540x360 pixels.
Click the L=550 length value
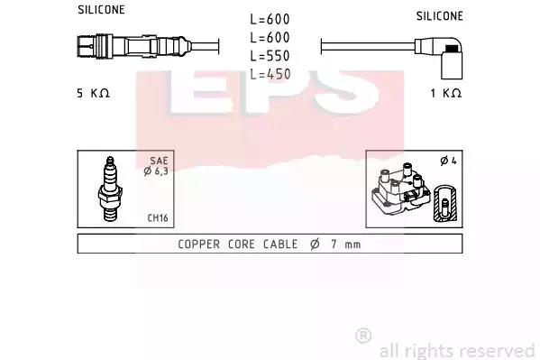tap(270, 56)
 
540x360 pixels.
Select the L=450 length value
tap(270, 74)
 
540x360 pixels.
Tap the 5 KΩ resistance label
tap(93, 93)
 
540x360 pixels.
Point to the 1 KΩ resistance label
tap(446, 93)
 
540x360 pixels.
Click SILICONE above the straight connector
tap(101, 10)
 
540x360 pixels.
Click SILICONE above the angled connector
tap(439, 16)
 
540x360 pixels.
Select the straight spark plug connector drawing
tap(134, 46)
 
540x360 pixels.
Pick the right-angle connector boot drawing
tap(439, 57)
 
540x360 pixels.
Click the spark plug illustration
tap(110, 189)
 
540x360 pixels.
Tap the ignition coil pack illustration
tap(401, 189)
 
